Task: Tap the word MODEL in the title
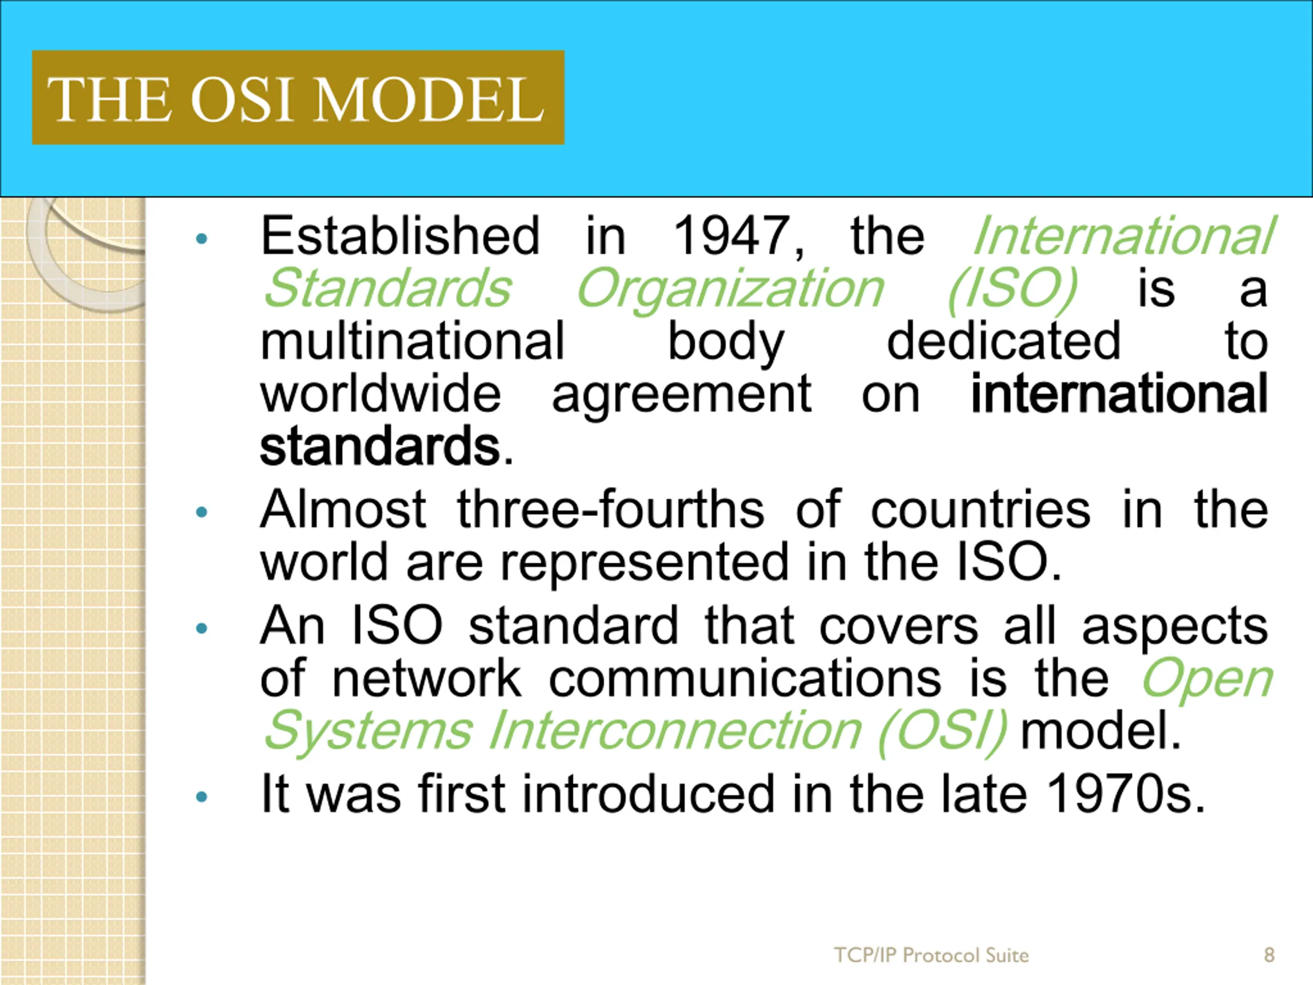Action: pos(429,99)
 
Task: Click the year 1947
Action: pos(739,237)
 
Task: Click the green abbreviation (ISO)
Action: pos(1012,290)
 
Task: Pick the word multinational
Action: pos(412,341)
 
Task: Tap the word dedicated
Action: pos(1003,341)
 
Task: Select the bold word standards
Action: pos(380,445)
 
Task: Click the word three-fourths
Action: pos(611,509)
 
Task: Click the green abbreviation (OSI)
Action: pos(943,731)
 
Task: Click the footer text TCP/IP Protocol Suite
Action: pos(931,955)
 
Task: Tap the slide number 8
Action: pos(1269,955)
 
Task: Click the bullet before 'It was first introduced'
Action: pos(202,797)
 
